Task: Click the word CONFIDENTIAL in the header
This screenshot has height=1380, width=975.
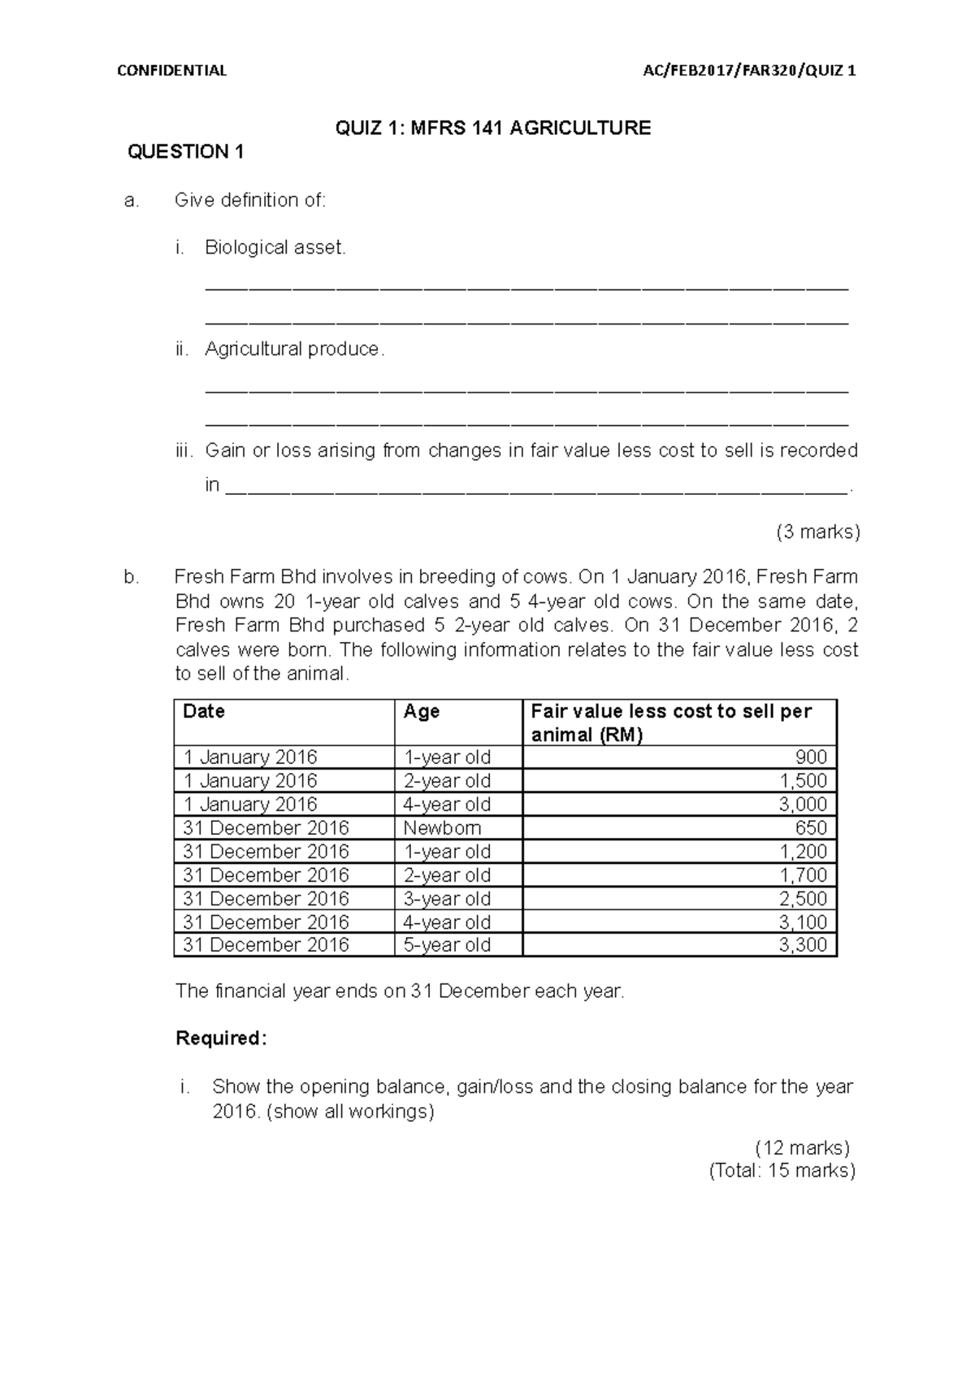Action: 171,71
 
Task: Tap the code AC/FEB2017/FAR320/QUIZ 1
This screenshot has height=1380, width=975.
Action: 749,71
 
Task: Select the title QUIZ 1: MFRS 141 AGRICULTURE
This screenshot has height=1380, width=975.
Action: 493,128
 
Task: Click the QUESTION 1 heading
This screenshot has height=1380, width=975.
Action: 186,152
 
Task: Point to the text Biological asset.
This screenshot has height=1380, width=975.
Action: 275,248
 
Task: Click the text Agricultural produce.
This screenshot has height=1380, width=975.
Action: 292,349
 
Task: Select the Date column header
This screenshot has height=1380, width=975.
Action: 204,711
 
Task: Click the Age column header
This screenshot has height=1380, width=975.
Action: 422,711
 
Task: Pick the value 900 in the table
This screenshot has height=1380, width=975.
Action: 811,757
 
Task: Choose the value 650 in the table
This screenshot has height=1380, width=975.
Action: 811,828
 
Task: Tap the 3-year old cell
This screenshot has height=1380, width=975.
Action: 447,899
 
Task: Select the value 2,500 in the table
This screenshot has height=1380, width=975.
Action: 804,899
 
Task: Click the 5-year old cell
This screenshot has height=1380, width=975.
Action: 447,945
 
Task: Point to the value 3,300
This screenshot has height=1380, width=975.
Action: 804,945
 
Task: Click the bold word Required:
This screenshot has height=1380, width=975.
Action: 221,1039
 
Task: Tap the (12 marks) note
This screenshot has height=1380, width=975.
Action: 803,1148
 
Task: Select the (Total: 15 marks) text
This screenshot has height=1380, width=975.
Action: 782,1171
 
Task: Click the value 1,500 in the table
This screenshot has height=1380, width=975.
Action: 804,781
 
